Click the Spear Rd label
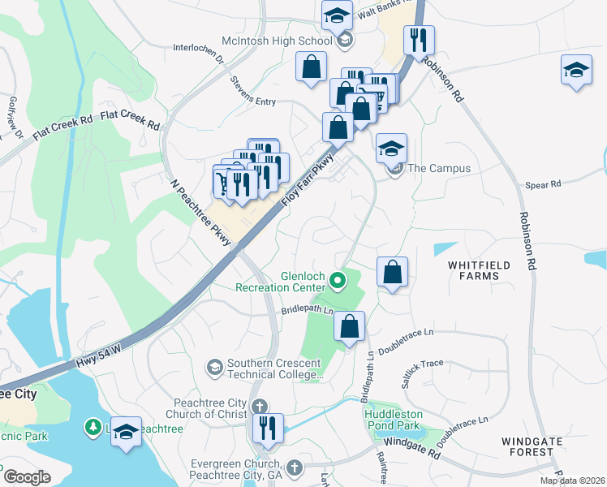tap(544, 184)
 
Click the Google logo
tap(27, 477)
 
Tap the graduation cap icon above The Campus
tap(391, 148)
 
